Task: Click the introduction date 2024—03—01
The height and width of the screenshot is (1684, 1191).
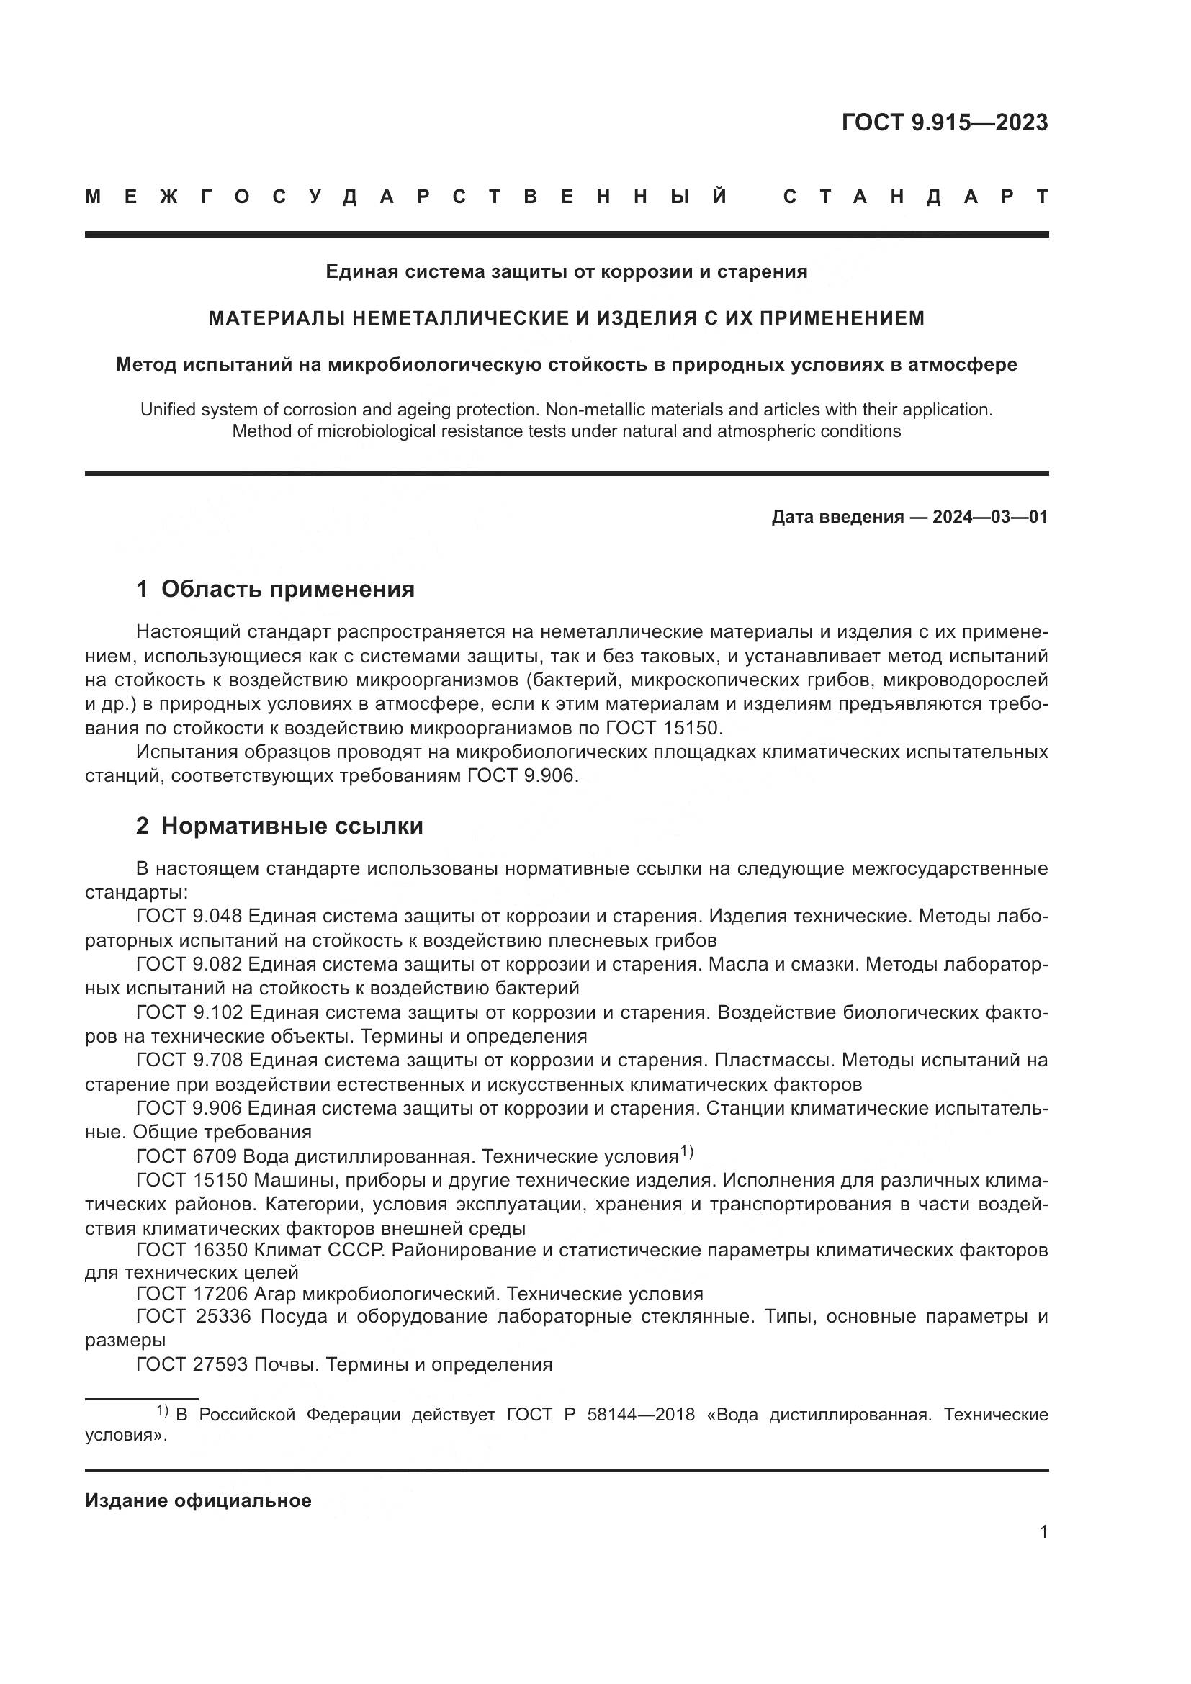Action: [989, 517]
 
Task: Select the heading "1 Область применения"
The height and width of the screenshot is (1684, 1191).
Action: [275, 589]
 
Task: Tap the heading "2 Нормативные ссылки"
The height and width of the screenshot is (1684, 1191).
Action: [279, 826]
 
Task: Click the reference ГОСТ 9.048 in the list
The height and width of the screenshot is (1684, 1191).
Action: [189, 916]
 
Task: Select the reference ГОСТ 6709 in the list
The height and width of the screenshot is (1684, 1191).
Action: [186, 1157]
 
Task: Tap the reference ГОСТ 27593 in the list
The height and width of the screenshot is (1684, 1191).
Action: [192, 1365]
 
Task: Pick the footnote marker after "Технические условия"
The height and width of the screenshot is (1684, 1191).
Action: [686, 1151]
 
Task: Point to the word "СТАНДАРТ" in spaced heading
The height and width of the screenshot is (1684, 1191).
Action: [915, 197]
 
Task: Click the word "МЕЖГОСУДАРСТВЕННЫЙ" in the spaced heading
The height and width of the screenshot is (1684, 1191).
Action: [406, 197]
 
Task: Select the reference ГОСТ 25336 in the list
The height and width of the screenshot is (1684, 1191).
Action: [193, 1317]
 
